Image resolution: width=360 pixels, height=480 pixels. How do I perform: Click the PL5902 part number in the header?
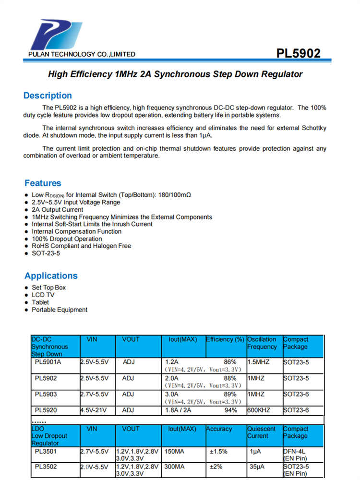[x=299, y=53]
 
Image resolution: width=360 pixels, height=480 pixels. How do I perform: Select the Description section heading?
[x=48, y=96]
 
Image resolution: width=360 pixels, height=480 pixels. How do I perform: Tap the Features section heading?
[x=43, y=183]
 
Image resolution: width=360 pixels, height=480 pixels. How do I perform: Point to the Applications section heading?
[x=51, y=276]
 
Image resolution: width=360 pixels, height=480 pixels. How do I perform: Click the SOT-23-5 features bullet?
[x=46, y=253]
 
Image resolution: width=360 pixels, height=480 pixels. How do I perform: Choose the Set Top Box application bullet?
[x=48, y=288]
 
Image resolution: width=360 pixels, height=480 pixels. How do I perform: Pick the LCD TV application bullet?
[x=43, y=295]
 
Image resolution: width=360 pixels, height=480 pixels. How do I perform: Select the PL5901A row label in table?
[x=48, y=362]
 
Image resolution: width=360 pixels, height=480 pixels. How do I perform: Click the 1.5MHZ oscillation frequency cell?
[x=259, y=362]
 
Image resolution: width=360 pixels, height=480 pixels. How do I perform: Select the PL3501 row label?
[x=46, y=452]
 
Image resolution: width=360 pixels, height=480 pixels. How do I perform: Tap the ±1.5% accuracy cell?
[x=218, y=452]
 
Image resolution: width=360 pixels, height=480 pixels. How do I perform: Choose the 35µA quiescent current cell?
[x=257, y=466]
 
